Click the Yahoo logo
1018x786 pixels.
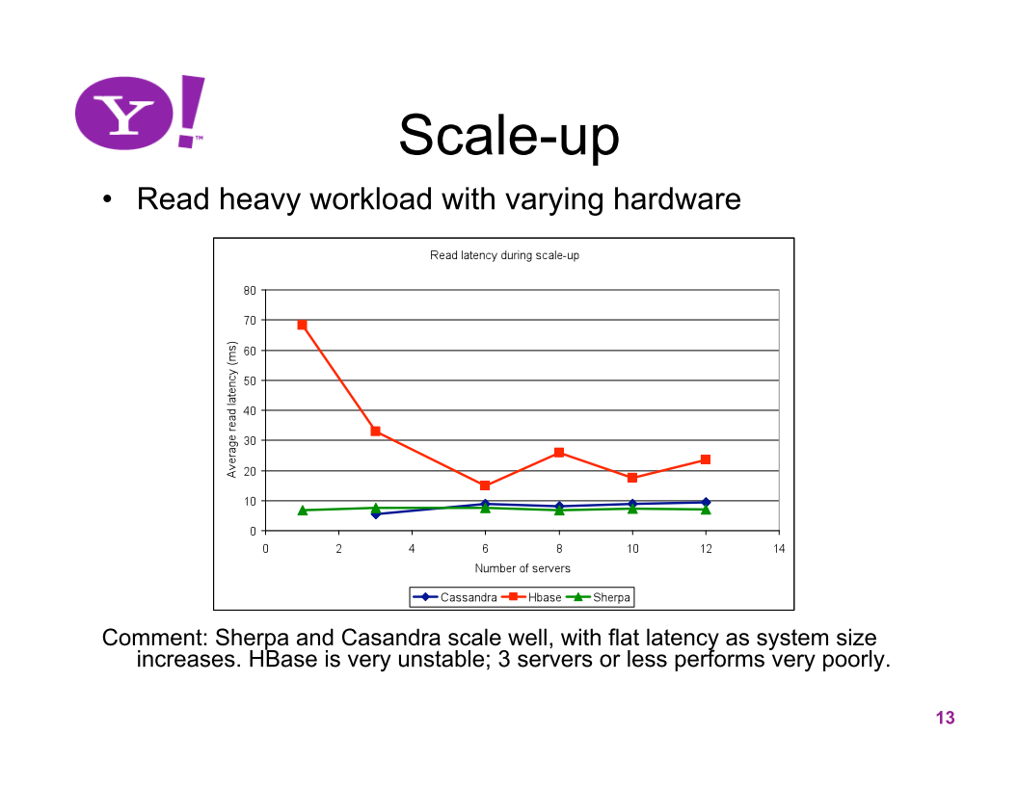[x=140, y=113]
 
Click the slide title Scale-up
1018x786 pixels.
[x=509, y=136]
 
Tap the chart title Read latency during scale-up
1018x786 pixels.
[x=504, y=255]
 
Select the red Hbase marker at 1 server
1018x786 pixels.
[x=302, y=325]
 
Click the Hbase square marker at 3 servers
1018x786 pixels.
[x=375, y=432]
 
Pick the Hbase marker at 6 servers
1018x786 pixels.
[x=485, y=485]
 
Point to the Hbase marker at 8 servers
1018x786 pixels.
[x=559, y=453]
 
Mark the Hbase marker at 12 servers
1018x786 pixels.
[x=706, y=459]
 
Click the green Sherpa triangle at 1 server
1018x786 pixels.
[x=303, y=511]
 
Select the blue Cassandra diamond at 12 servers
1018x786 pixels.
[x=707, y=502]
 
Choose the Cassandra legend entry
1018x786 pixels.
[x=455, y=597]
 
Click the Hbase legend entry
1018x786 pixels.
[x=532, y=597]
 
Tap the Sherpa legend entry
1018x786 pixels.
[x=599, y=597]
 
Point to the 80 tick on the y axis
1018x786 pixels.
[x=250, y=291]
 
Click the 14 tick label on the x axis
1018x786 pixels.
[x=779, y=549]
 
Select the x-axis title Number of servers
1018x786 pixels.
[x=522, y=568]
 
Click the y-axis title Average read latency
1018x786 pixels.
[x=231, y=410]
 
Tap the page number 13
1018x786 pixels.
[x=946, y=718]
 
